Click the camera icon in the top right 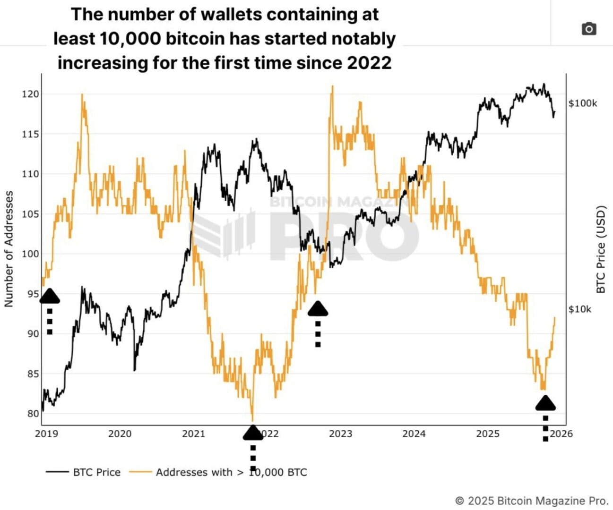click(588, 29)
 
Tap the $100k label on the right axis click(582, 103)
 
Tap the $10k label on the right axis click(579, 309)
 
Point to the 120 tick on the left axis click(30, 94)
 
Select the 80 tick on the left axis click(33, 414)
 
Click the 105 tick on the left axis click(30, 214)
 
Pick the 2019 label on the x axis click(46, 433)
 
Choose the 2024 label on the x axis click(414, 433)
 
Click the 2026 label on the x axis click(561, 433)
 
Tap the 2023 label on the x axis click(340, 433)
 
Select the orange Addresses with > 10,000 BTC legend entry click(231, 472)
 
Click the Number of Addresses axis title click(9, 249)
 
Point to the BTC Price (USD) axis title click(601, 249)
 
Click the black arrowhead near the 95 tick click(50, 296)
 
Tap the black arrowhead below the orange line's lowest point click(253, 432)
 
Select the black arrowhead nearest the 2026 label click(545, 403)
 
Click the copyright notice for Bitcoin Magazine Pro click(531, 501)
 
